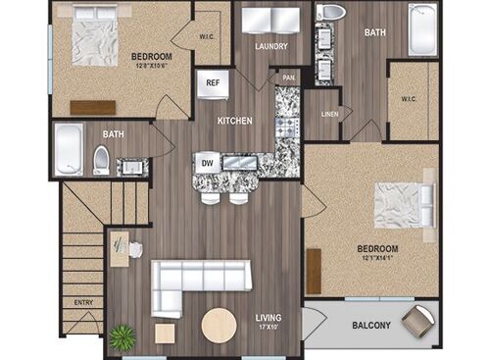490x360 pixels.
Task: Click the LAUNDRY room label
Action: pos(269,45)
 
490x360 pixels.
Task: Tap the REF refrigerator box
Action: pos(213,82)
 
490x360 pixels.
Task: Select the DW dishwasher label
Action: pos(208,162)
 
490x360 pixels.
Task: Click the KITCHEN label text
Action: pos(235,121)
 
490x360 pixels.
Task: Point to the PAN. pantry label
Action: pos(288,77)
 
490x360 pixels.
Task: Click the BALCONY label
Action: pos(368,326)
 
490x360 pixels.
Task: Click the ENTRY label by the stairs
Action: pos(83,302)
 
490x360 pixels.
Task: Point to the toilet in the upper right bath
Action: pos(331,14)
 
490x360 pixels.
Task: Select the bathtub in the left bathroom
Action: pos(69,150)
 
